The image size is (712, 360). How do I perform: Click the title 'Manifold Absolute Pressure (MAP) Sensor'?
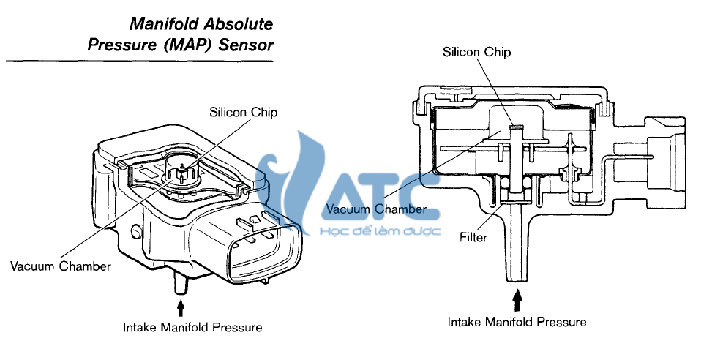coord(180,35)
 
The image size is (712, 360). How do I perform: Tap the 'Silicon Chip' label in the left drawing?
coord(244,113)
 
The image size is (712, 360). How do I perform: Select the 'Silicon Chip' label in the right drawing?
coord(476,52)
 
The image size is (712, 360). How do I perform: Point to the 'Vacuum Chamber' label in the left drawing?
coord(61,266)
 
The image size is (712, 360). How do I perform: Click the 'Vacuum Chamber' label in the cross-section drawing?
coord(376,209)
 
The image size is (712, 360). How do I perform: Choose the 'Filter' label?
coord(473,237)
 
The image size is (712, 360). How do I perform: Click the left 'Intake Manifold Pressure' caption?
coord(192,327)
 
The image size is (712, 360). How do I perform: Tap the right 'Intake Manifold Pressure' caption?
coord(517,322)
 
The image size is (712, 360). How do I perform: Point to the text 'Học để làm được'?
coord(380,231)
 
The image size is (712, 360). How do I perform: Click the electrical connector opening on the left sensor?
coord(261,253)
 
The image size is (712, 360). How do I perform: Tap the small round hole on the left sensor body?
coord(135,232)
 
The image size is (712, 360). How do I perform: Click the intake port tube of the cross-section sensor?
coord(518,249)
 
